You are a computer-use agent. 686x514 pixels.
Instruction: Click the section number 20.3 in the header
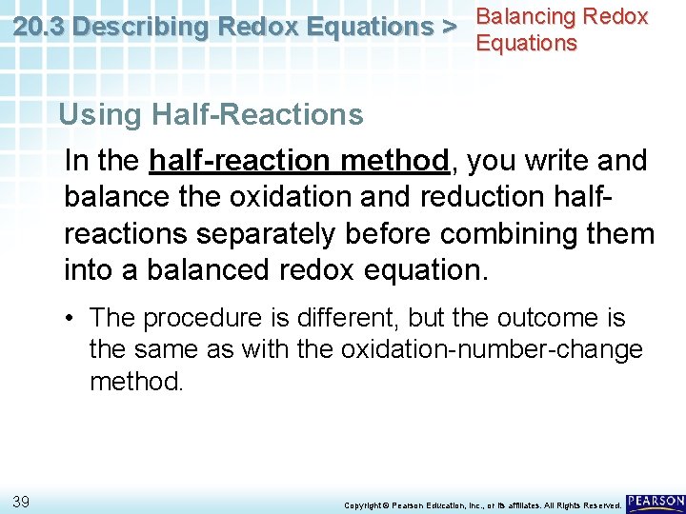39,28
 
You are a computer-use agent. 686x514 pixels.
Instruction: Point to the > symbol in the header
447,28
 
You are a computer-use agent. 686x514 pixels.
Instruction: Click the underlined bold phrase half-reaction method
298,160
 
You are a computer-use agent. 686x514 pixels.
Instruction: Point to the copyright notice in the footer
482,504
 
